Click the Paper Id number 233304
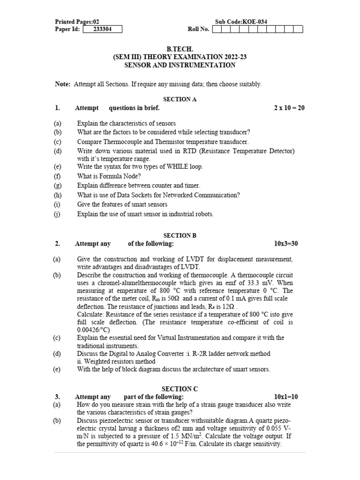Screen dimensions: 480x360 pos(102,29)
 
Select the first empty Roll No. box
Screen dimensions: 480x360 pos(217,29)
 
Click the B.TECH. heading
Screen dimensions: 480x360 pos(180,49)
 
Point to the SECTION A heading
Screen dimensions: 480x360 pos(180,99)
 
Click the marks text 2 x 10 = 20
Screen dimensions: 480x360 pos(289,108)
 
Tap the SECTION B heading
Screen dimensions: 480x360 pos(180,235)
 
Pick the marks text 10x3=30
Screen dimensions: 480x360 pos(286,244)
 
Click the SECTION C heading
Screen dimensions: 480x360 pos(180,389)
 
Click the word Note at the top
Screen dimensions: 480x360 pos(62,84)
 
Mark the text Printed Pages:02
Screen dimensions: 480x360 pos(77,22)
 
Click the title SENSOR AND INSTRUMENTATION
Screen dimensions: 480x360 pos(180,65)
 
